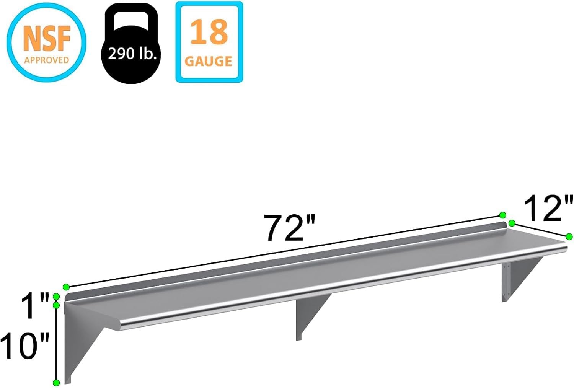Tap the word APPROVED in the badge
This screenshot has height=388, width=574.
(x=46, y=60)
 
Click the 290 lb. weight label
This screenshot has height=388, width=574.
(x=132, y=54)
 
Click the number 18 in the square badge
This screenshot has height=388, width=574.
(x=209, y=32)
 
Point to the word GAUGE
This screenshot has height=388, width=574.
(x=209, y=61)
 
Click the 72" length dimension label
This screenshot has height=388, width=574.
(x=290, y=228)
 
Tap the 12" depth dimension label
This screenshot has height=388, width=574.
(x=548, y=208)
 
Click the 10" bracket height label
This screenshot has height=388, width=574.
(x=25, y=346)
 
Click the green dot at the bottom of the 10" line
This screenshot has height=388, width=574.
(x=56, y=383)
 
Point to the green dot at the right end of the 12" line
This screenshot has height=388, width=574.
(x=569, y=236)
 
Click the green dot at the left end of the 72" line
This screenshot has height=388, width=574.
(x=66, y=287)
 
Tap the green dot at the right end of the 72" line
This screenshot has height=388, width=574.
(x=503, y=215)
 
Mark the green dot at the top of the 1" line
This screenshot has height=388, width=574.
(x=56, y=296)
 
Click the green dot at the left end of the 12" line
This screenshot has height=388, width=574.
(x=512, y=223)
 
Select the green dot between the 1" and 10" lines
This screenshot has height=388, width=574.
(x=56, y=305)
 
